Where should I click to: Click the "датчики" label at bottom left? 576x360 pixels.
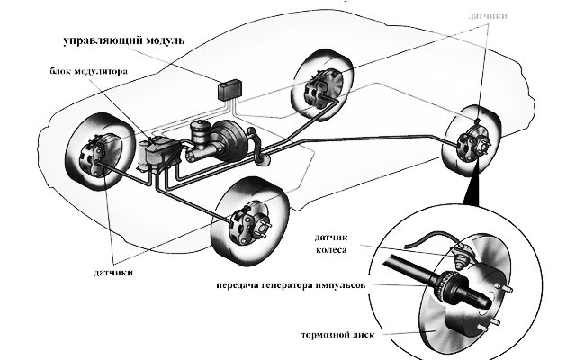click(x=116, y=269)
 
